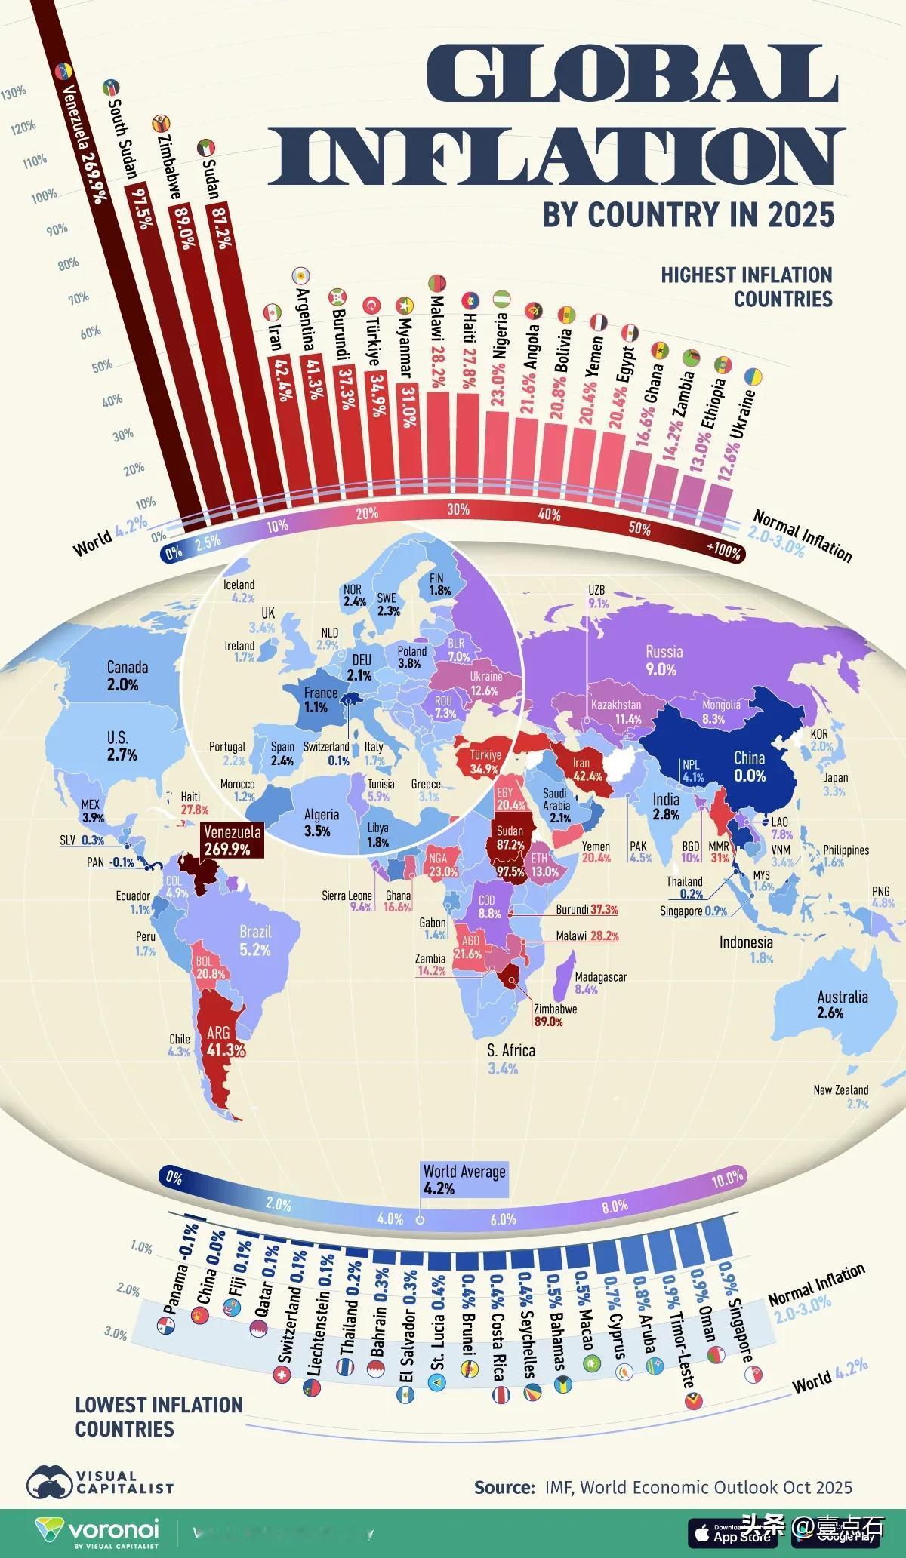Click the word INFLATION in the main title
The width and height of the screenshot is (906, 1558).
tap(557, 155)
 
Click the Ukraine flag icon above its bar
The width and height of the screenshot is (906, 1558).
tap(753, 376)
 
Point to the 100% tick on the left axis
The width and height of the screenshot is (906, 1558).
tap(44, 195)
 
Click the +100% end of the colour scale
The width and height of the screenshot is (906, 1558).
tap(723, 552)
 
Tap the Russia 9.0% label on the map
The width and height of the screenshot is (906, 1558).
tap(664, 660)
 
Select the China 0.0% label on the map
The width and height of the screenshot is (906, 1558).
tap(749, 767)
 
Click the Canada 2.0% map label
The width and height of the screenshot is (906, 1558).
tap(127, 675)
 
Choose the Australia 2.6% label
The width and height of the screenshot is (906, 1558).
tap(842, 1004)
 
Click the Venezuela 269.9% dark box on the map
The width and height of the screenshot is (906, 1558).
tap(233, 840)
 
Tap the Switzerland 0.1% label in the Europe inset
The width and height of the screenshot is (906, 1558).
tap(326, 752)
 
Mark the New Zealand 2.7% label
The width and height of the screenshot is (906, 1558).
tap(840, 1096)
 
